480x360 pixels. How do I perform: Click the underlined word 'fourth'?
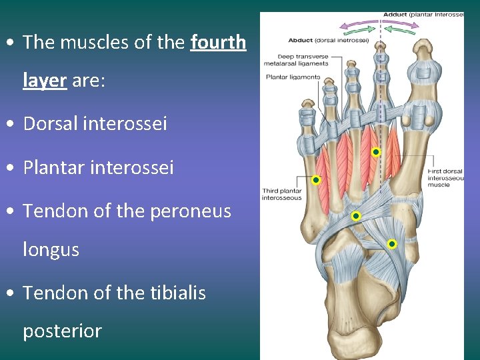point(218,43)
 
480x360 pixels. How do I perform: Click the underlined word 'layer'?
point(44,81)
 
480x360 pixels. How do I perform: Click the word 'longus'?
point(51,250)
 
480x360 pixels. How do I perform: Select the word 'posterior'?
point(62,331)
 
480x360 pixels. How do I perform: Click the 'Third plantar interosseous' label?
point(281,195)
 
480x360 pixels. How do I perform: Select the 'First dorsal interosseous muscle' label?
point(445,178)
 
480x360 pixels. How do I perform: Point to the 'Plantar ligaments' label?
point(293,77)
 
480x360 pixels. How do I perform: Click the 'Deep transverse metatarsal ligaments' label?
point(303,60)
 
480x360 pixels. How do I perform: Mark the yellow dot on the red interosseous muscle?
point(376,153)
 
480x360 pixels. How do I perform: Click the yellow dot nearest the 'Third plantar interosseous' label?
point(316,180)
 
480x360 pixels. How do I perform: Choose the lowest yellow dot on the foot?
point(392,244)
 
